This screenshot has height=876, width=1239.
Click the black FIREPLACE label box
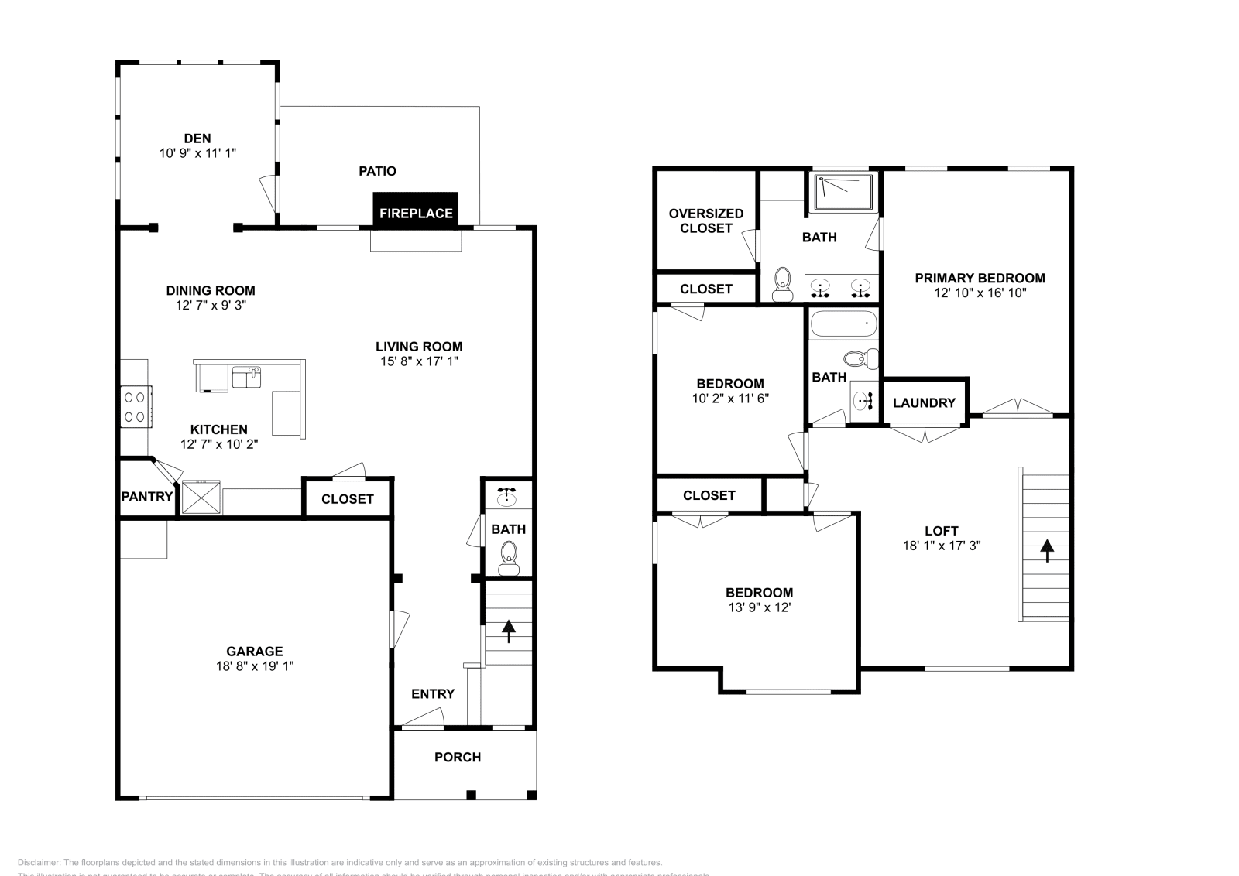(x=416, y=210)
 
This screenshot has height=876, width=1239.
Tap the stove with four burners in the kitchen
(x=135, y=406)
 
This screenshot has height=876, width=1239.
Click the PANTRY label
(x=146, y=496)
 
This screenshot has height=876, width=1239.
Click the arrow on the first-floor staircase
(x=509, y=631)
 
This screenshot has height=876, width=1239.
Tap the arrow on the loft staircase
(x=1046, y=549)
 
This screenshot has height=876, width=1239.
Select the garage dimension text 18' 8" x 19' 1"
(x=255, y=666)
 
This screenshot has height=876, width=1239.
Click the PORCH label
(x=457, y=757)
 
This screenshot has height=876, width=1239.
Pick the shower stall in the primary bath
(x=843, y=192)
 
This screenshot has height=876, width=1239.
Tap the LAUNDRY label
(x=924, y=402)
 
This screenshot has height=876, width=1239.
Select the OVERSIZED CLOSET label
(x=705, y=221)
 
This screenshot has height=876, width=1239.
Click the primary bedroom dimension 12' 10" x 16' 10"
(x=980, y=293)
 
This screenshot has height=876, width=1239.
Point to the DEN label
(x=197, y=139)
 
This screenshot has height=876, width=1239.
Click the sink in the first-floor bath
(x=507, y=496)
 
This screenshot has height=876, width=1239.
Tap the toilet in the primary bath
(x=783, y=282)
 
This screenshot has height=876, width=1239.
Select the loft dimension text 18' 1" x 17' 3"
(x=941, y=545)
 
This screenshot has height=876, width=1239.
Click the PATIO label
(x=377, y=171)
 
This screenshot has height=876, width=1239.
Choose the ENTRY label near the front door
(x=432, y=693)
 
